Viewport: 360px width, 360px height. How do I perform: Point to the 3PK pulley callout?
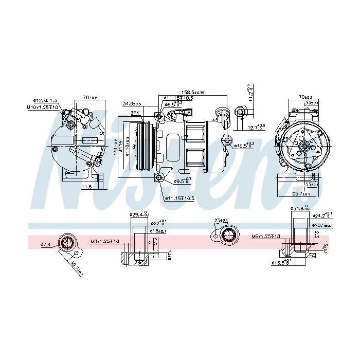coord(135,113)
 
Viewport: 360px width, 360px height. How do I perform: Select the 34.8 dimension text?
coord(131,104)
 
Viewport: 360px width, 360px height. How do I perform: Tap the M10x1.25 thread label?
coord(43,106)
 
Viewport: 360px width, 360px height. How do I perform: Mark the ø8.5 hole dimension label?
coord(174,104)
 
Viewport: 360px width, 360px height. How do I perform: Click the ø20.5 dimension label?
coord(322,225)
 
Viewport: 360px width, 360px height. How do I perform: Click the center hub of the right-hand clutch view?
coord(304,147)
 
